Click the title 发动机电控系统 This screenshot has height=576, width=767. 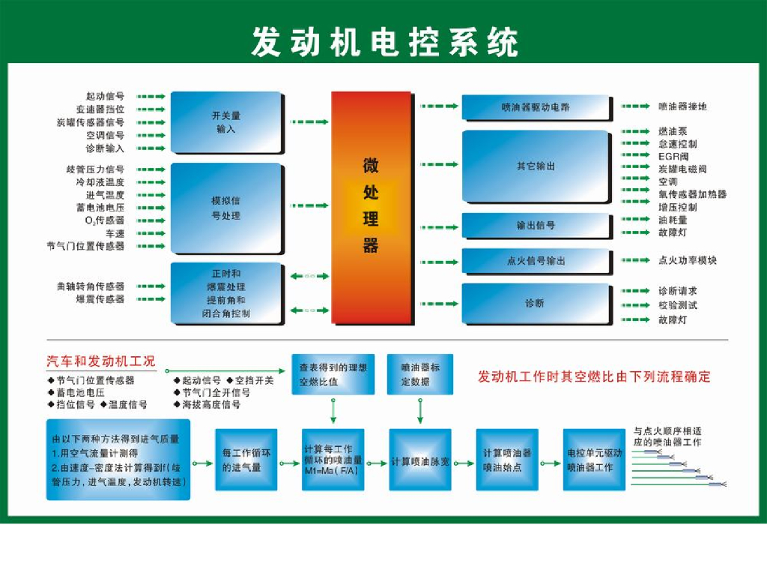(x=383, y=42)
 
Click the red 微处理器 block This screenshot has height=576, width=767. (x=371, y=206)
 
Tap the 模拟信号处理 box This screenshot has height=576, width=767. (x=225, y=208)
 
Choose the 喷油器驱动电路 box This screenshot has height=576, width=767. (x=535, y=107)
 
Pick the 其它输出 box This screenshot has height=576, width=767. (x=535, y=166)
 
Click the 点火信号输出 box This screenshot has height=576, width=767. (x=535, y=261)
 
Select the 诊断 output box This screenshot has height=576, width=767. (x=535, y=304)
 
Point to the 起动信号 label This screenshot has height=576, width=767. (x=105, y=96)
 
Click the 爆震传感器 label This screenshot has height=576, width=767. (x=100, y=299)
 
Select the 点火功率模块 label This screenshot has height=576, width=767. (x=687, y=261)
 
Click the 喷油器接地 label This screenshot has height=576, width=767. (x=682, y=106)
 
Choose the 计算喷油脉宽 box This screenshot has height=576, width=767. (x=419, y=460)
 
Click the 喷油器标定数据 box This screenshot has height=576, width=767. (x=419, y=375)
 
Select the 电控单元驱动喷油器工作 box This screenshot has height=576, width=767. (x=594, y=460)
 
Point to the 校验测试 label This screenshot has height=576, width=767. (x=677, y=305)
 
